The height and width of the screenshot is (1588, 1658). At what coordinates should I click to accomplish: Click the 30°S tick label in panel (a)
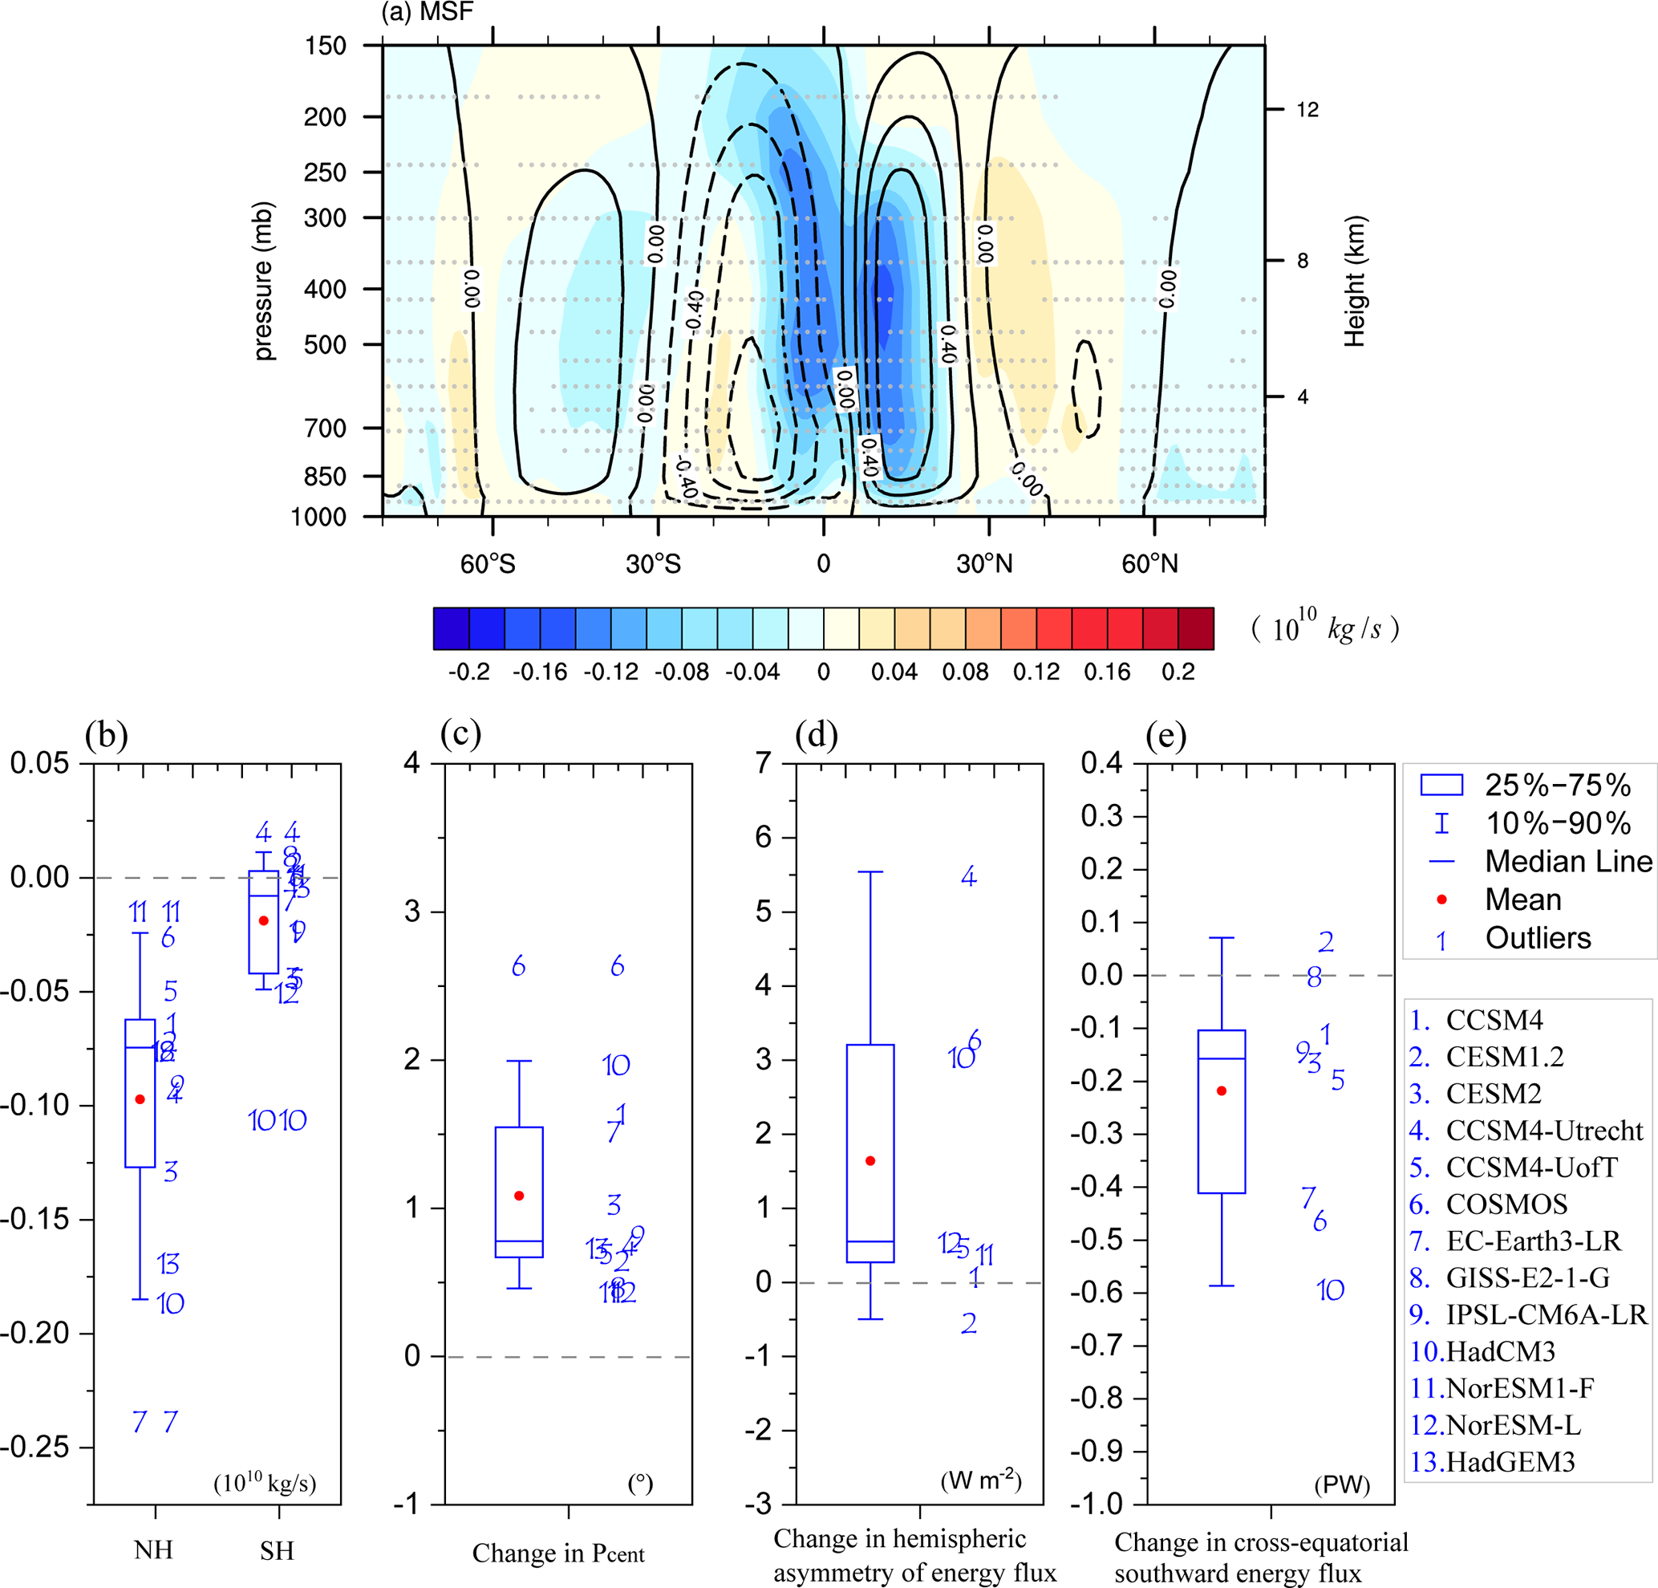point(653,564)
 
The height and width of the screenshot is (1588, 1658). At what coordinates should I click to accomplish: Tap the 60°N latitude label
point(1149,564)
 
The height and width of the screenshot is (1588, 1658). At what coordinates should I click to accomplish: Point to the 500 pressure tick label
point(325,345)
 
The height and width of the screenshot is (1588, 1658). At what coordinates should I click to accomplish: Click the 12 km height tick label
point(1307,110)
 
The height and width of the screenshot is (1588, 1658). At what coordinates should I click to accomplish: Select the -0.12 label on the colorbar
point(610,672)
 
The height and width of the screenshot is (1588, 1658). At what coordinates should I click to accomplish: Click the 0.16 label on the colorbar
point(1106,672)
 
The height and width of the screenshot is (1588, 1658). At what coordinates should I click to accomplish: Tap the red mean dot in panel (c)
point(520,1196)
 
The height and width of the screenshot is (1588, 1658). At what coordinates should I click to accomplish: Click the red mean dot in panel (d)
point(870,1161)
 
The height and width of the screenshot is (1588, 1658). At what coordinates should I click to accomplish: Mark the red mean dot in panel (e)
point(1222,1091)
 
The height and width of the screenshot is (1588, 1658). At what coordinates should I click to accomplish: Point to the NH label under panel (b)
point(153,1550)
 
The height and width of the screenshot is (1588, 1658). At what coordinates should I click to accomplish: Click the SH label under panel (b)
point(277,1551)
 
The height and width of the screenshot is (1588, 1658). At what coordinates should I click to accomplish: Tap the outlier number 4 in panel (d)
point(969,876)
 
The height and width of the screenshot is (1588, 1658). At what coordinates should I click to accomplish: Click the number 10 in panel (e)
point(1330,1290)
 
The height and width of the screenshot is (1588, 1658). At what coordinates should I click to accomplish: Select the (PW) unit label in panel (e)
point(1342,1484)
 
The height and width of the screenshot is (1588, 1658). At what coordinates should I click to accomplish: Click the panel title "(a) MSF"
point(428,12)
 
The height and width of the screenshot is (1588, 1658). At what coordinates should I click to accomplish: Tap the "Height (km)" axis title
point(1355,281)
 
